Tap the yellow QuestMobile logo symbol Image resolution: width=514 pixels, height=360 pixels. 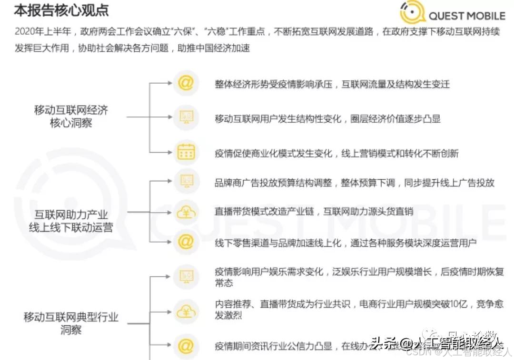tap(412, 14)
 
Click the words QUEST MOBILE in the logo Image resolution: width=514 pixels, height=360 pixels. tap(466, 16)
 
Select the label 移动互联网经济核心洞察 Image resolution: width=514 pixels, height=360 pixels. tap(71, 117)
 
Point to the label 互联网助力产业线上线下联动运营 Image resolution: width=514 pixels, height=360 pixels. tap(71, 221)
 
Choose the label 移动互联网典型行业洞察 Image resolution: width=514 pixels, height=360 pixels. tap(71, 323)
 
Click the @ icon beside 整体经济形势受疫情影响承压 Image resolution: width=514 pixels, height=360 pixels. tap(186, 83)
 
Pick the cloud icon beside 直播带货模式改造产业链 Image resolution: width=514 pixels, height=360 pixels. tap(186, 213)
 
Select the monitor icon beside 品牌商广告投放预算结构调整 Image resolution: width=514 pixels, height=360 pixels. tap(186, 181)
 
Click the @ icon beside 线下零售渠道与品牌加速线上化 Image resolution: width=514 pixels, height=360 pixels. tap(186, 242)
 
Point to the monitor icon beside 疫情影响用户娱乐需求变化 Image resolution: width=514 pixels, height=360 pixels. tap(186, 276)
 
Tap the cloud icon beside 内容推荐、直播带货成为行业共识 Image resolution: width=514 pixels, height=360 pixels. tap(186, 311)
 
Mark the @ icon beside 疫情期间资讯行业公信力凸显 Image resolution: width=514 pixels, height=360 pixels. tap(186, 346)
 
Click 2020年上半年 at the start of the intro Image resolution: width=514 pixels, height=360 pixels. tap(42, 32)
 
